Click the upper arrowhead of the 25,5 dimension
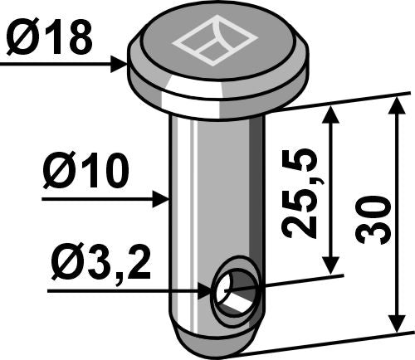click(x=332, y=113)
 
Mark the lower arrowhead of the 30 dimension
click(x=396, y=325)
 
